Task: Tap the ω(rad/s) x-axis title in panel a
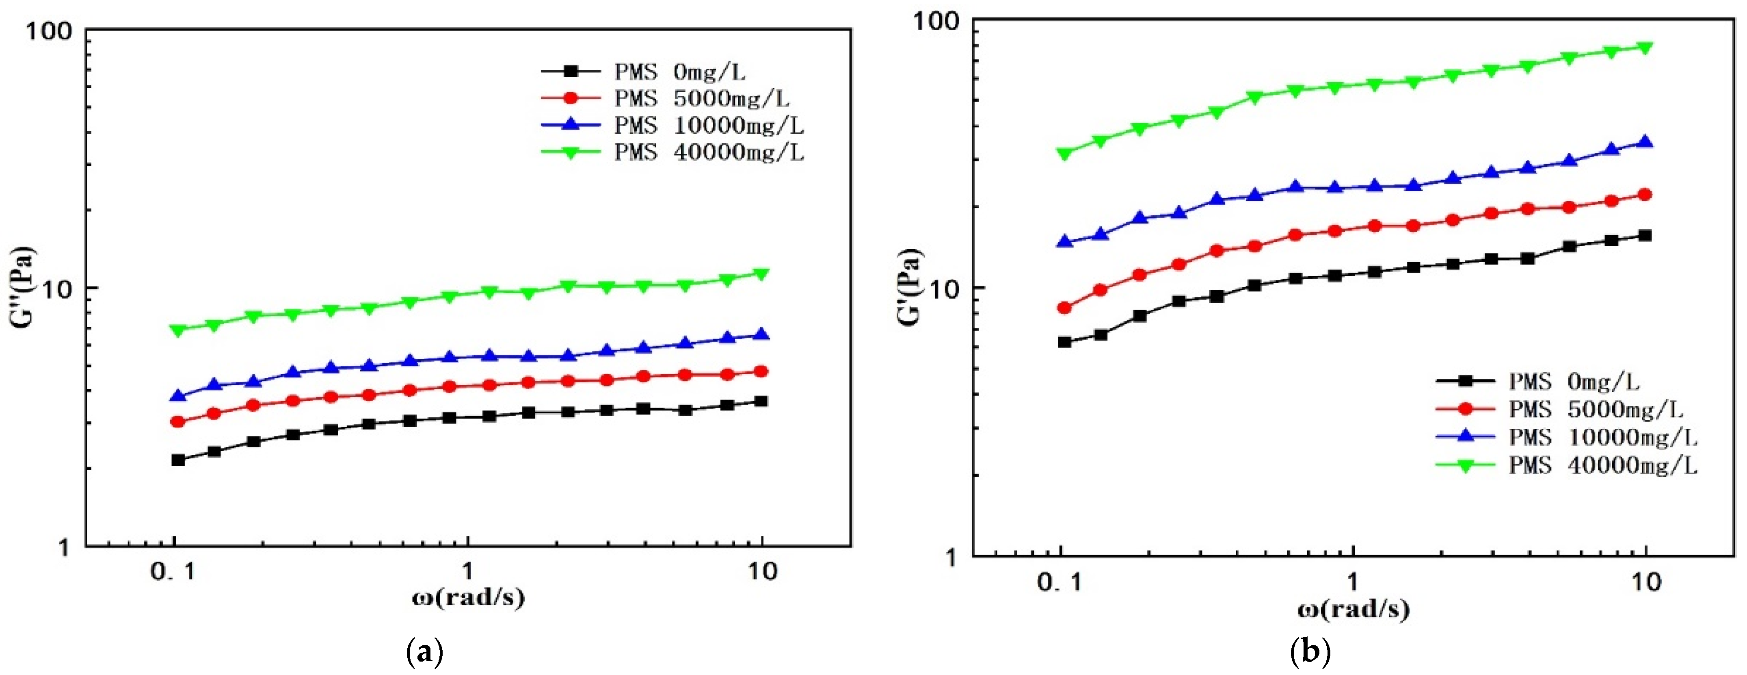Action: click(468, 597)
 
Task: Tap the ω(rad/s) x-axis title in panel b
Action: click(1353, 608)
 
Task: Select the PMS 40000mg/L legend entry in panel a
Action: click(708, 153)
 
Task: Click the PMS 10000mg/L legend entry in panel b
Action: click(1602, 438)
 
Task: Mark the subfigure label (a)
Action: click(424, 653)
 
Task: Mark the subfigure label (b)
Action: click(1310, 653)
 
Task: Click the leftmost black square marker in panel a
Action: click(178, 460)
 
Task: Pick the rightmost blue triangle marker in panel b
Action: click(1645, 143)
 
